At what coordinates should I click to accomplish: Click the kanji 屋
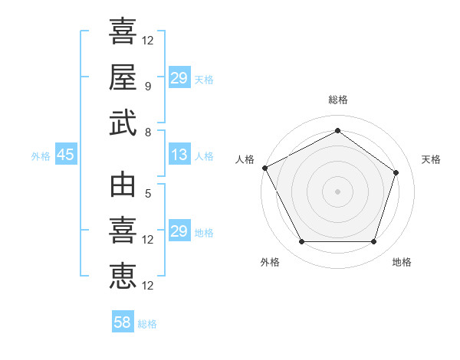[x=123, y=77]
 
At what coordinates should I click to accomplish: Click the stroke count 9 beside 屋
[x=148, y=87]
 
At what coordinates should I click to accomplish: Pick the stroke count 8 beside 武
[x=148, y=132]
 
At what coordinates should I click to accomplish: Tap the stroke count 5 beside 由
[x=148, y=194]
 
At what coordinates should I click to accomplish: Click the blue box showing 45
[x=65, y=155]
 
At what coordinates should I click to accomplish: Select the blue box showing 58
[x=122, y=322]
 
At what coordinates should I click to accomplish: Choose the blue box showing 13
[x=179, y=155]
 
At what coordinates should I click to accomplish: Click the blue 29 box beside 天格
[x=179, y=79]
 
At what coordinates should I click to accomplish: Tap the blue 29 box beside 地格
[x=179, y=231]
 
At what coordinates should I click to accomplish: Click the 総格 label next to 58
[x=147, y=324]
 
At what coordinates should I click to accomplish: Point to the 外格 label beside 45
[x=41, y=156]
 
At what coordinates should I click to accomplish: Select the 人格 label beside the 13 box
[x=204, y=156]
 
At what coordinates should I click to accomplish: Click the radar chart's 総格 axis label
[x=337, y=100]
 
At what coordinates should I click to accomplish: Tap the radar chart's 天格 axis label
[x=431, y=159]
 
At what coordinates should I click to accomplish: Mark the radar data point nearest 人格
[x=264, y=168]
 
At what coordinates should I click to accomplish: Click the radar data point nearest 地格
[x=373, y=242]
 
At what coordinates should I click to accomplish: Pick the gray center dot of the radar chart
[x=337, y=191]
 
